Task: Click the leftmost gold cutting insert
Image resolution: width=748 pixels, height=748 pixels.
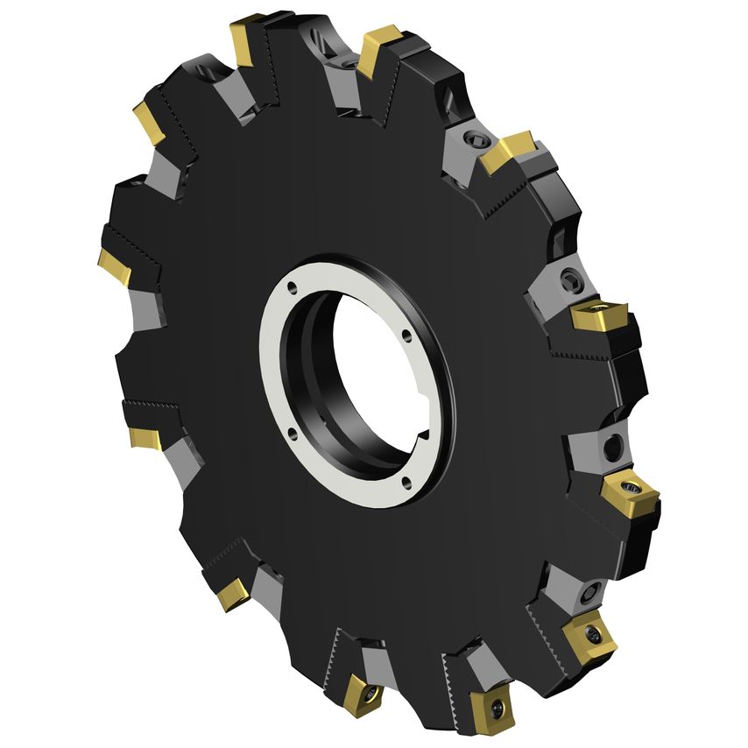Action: tap(113, 265)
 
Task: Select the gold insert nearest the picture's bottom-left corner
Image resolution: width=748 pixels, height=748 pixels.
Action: tap(233, 595)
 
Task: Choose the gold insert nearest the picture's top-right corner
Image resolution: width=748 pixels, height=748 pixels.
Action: tap(509, 150)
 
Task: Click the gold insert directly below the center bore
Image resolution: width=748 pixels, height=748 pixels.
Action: tap(360, 692)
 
